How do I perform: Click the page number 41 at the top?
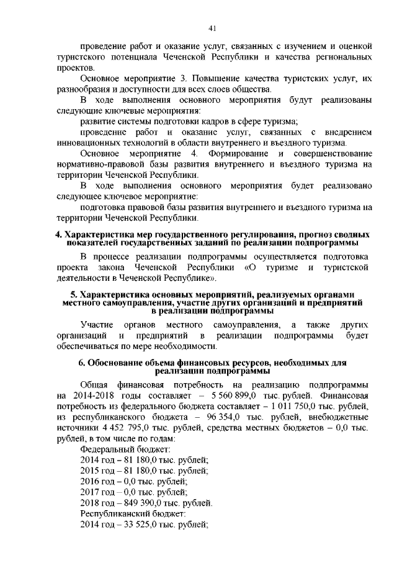pos(212,28)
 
